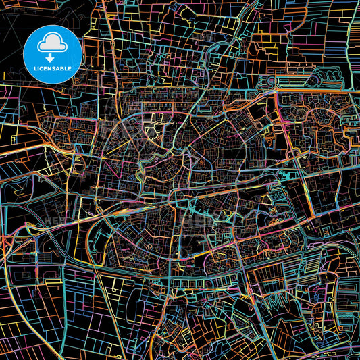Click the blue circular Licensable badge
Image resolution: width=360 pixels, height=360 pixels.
(53, 55)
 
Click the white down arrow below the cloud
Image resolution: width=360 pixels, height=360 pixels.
(53, 57)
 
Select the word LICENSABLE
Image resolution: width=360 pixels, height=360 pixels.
(53, 70)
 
